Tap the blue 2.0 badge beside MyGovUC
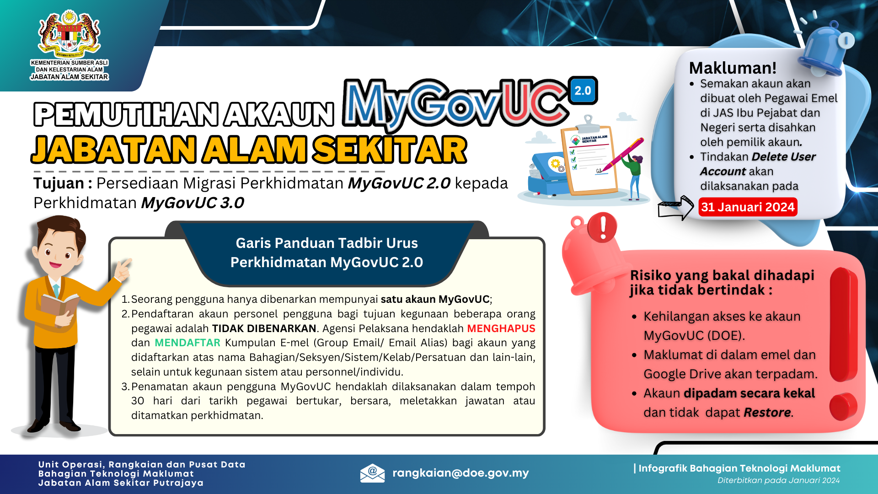tap(583, 91)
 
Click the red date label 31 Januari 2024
tap(748, 207)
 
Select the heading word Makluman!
tap(733, 68)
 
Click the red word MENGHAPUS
tap(501, 328)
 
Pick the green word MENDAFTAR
tap(187, 343)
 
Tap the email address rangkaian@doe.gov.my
tap(460, 473)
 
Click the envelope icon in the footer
tap(372, 473)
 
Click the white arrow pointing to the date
tap(676, 209)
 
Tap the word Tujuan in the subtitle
tap(59, 183)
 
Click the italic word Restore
tap(767, 413)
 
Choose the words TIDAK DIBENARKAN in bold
tap(264, 328)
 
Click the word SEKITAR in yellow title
tap(390, 150)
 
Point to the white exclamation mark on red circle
tap(603, 227)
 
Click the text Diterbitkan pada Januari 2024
tap(778, 480)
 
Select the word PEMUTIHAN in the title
tap(125, 114)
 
